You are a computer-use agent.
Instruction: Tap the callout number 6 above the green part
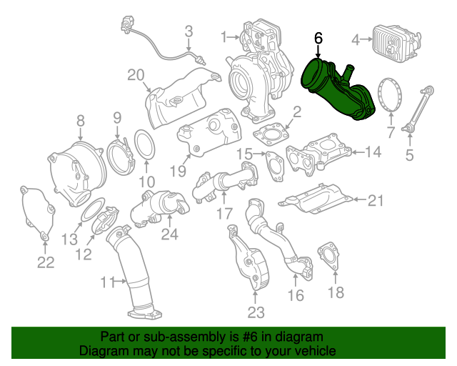tap(318, 38)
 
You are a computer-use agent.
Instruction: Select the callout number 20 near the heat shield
tap(136, 75)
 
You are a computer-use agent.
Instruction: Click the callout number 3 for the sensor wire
tap(189, 31)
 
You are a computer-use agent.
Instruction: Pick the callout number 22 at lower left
tap(46, 262)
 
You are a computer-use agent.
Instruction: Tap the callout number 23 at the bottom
tap(256, 312)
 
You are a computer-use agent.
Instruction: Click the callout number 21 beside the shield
tap(376, 201)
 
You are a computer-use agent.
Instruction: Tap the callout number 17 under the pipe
tap(224, 213)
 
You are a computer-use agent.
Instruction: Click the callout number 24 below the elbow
tap(169, 234)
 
